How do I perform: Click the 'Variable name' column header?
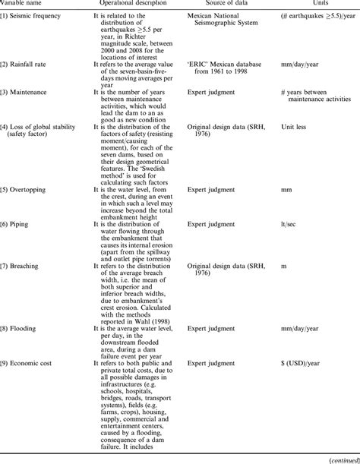(x=22, y=4)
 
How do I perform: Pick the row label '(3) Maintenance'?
(x=27, y=92)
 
